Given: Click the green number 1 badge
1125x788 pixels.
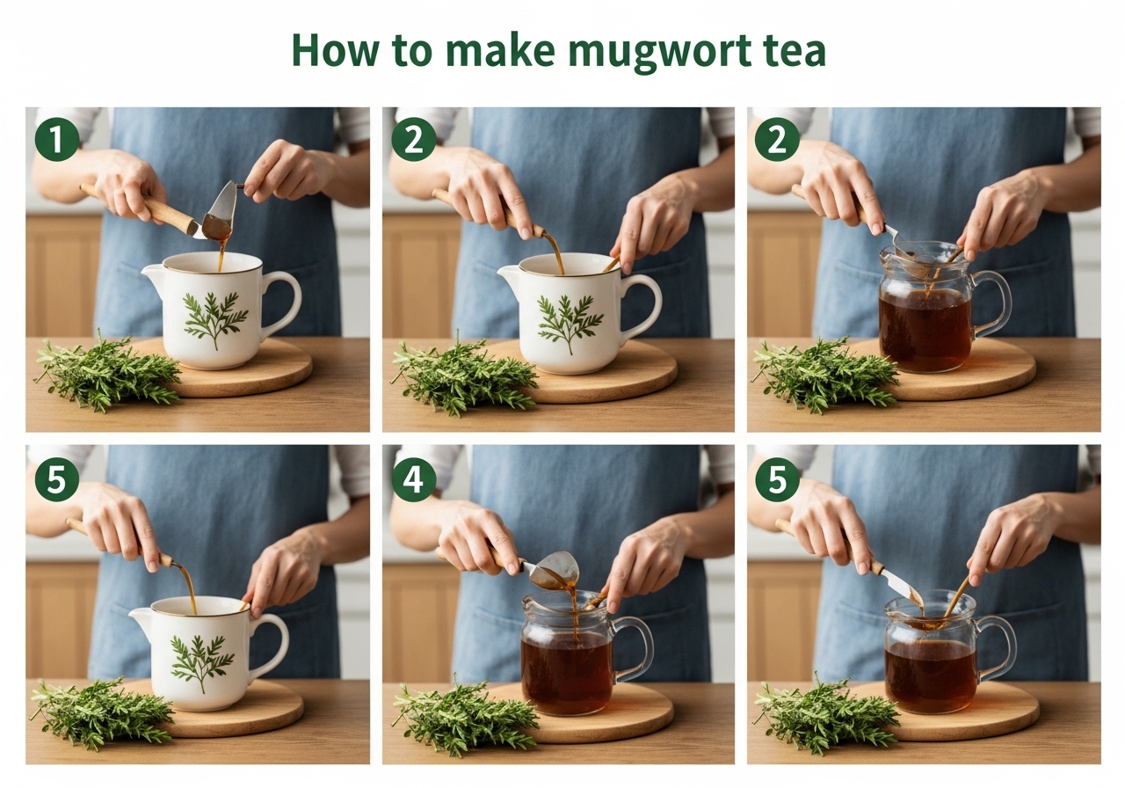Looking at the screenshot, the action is click(x=57, y=139).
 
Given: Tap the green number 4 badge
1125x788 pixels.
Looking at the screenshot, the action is click(x=414, y=479).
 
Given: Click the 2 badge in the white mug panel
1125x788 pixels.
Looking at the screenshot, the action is click(x=414, y=139).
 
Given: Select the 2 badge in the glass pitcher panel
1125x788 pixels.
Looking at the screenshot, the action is click(x=777, y=139).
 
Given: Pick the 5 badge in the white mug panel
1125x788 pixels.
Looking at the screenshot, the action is click(x=57, y=479).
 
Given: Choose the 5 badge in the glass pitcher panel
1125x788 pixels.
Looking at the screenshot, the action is click(x=777, y=479).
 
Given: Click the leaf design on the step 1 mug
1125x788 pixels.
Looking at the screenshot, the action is click(x=216, y=319).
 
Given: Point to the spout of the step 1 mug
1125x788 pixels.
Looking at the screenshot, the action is click(x=152, y=273).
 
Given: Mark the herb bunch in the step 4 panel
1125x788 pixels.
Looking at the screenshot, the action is click(x=465, y=716).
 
